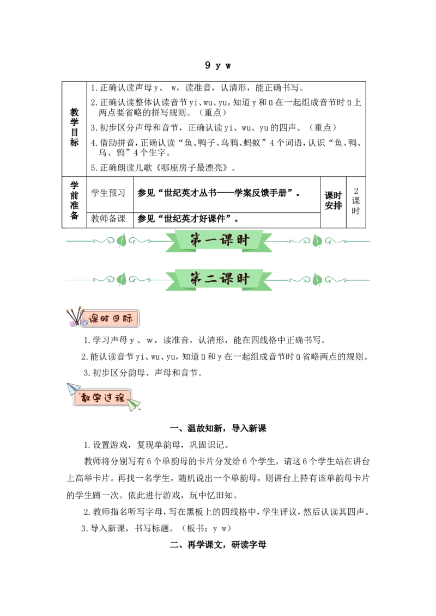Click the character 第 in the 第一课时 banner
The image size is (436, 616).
point(196,240)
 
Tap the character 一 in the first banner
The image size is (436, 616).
point(211,240)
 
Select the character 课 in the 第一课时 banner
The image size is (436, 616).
point(227,240)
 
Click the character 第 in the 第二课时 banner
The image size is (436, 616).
point(196,279)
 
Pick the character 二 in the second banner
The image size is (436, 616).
point(211,279)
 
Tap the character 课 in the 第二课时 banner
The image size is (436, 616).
point(227,279)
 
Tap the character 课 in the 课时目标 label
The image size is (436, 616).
point(93,319)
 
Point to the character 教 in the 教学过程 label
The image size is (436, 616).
point(85,397)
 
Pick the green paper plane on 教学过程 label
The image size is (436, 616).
point(134,404)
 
